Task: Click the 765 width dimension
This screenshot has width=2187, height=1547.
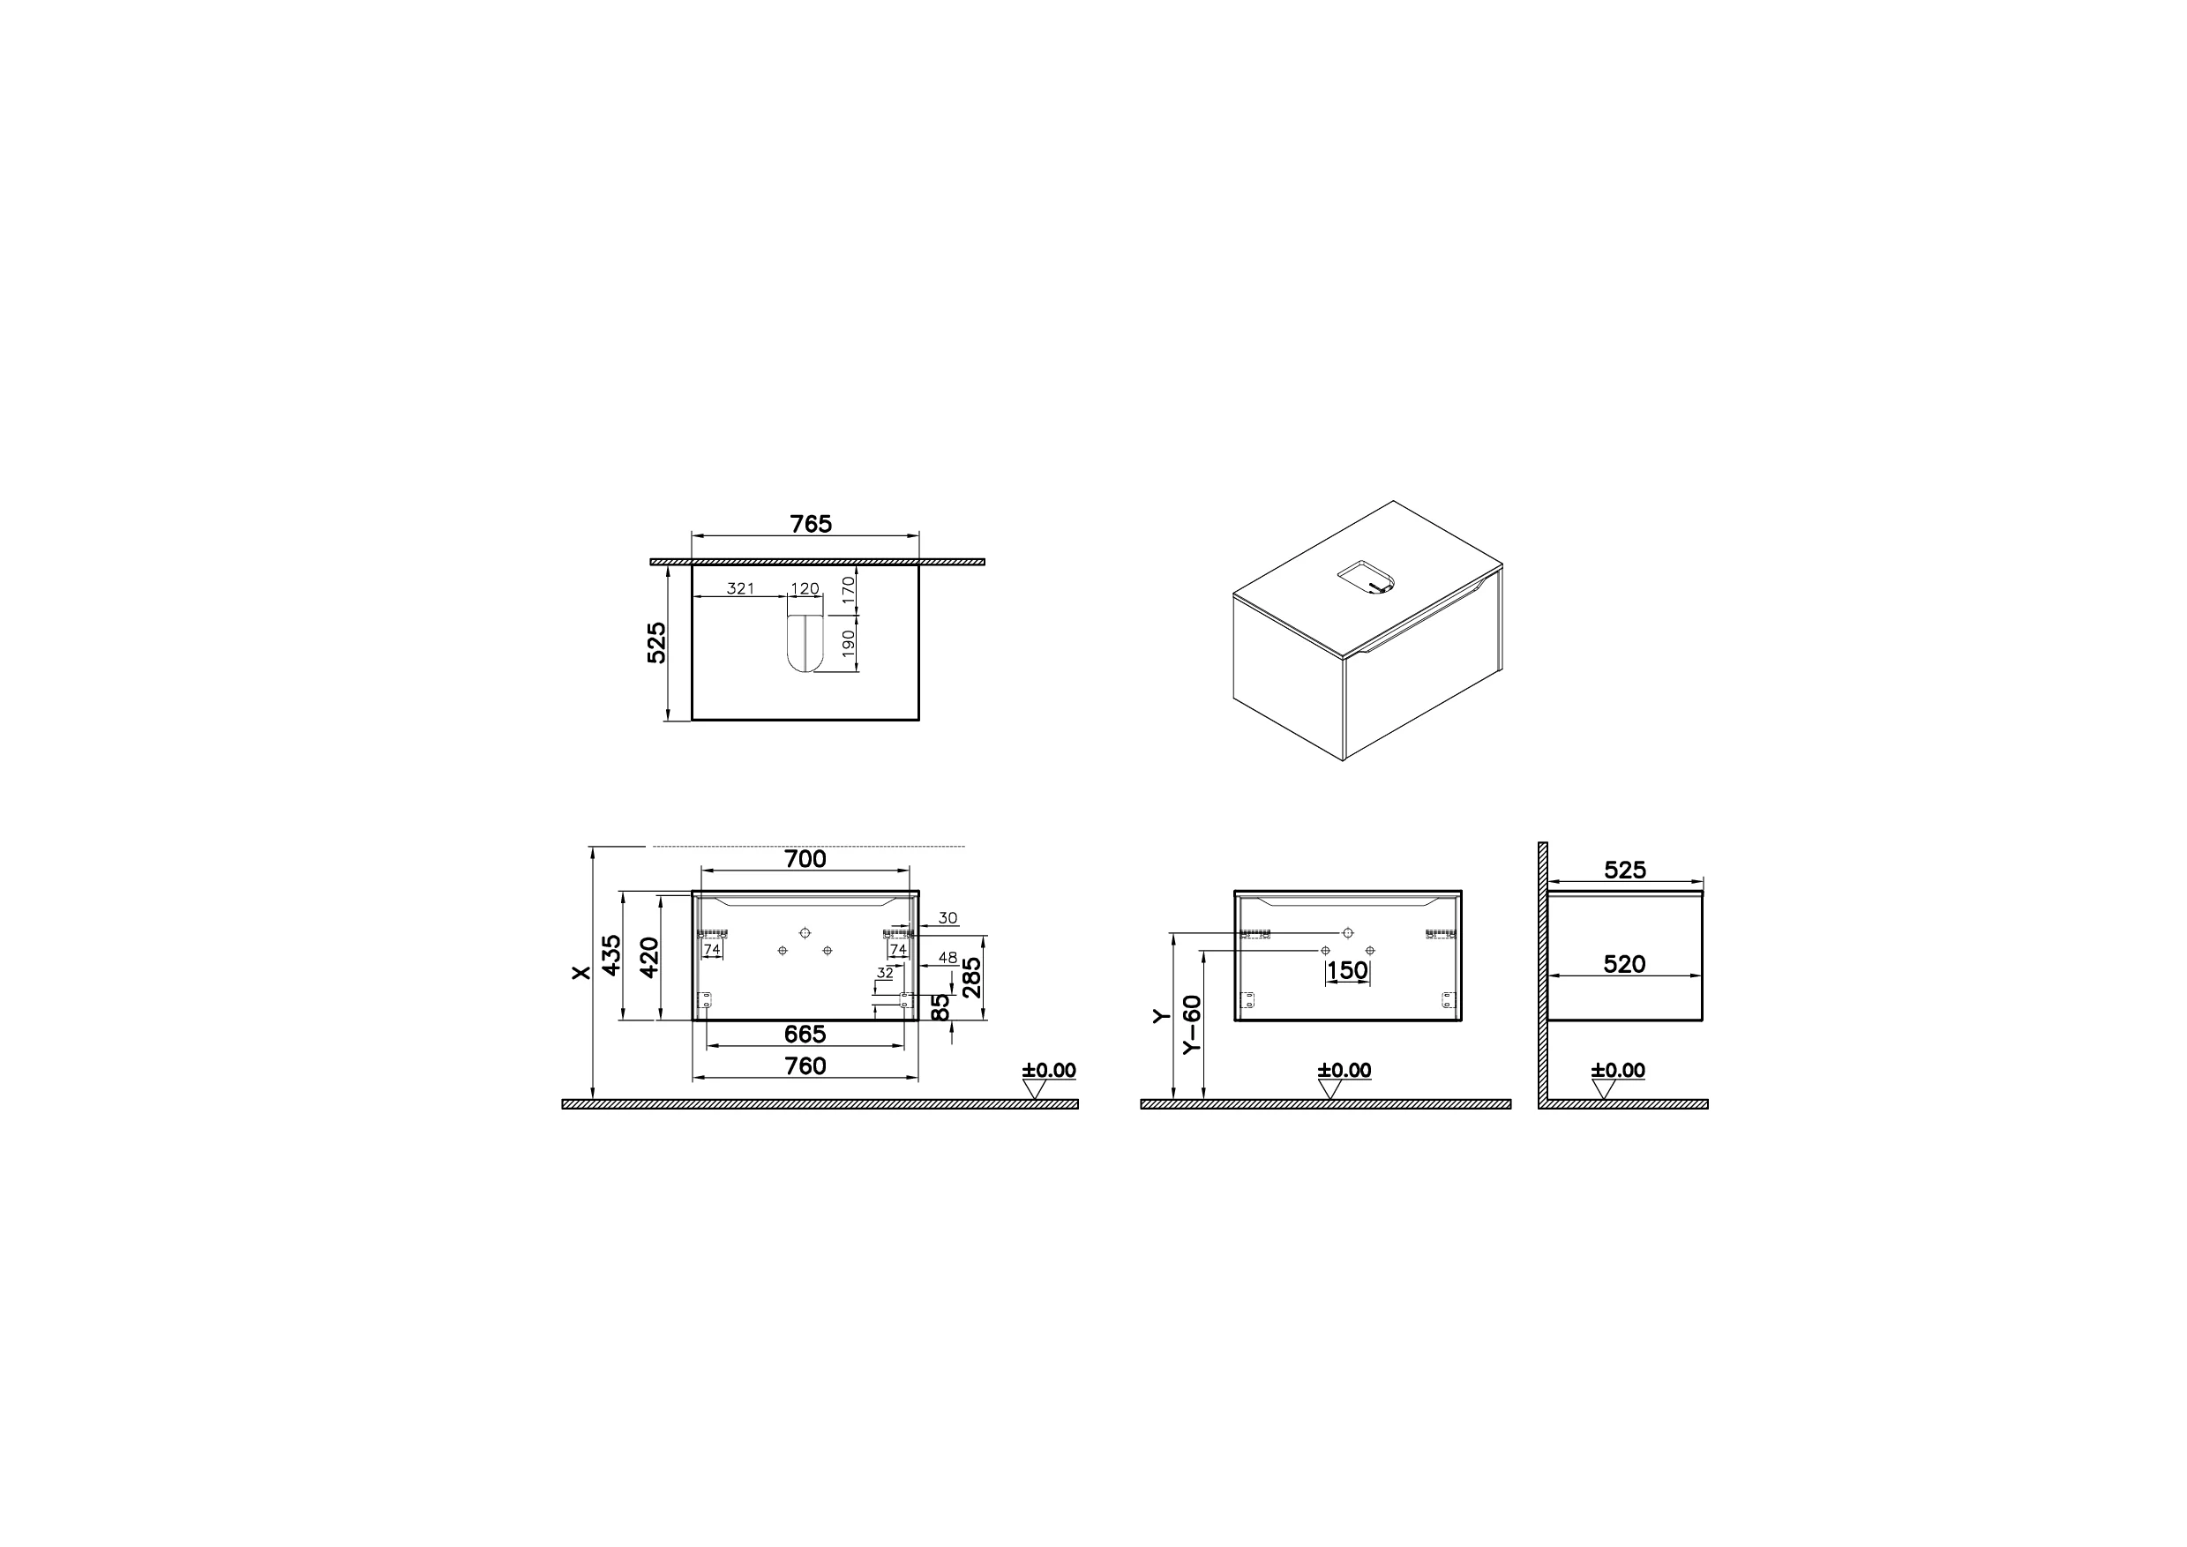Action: (x=811, y=524)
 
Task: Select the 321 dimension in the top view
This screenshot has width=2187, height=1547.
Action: (x=740, y=588)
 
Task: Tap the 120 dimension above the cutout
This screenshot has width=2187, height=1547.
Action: (x=805, y=588)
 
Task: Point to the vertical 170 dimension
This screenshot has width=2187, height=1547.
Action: (x=848, y=592)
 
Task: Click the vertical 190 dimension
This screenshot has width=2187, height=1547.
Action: (x=848, y=643)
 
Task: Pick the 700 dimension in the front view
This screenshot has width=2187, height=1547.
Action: (x=805, y=859)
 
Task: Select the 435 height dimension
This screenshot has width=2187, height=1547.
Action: (x=611, y=955)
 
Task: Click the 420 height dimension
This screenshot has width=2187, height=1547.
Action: (x=649, y=955)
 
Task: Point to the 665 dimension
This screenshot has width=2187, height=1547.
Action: (x=805, y=1034)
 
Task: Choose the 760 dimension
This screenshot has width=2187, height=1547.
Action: (x=805, y=1066)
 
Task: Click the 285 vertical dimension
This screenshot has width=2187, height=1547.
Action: (x=971, y=976)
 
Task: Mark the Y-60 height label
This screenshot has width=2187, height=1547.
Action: (x=1192, y=1024)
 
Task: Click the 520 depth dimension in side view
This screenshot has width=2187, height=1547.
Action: (x=1625, y=964)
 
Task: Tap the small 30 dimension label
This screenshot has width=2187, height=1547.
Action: (x=947, y=918)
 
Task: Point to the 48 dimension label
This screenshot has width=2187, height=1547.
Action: (x=947, y=957)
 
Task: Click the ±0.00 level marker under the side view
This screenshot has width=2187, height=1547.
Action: (x=1618, y=1071)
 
